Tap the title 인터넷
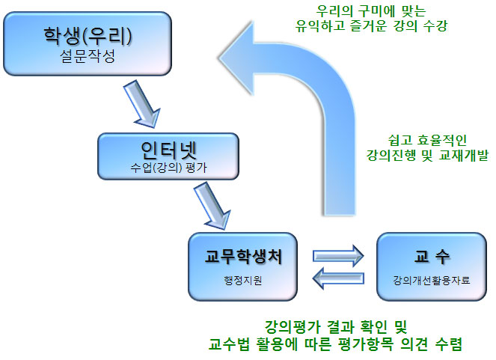[168, 147]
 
